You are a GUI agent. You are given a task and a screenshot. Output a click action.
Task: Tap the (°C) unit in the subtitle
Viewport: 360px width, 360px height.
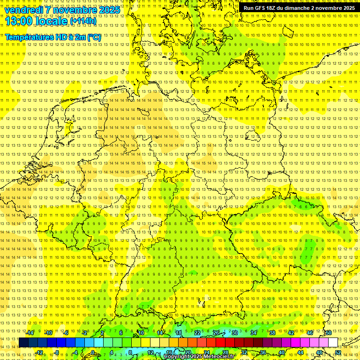click(93, 37)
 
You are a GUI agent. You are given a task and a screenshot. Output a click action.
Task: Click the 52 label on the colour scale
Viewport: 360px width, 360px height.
click(337, 352)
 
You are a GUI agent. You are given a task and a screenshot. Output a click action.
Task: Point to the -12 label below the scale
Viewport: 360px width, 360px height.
click(39, 352)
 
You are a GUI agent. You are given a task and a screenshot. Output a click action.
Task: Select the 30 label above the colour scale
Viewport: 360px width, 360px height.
click(235, 333)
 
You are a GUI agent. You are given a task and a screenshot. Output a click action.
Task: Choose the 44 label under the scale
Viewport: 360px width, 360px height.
click(300, 352)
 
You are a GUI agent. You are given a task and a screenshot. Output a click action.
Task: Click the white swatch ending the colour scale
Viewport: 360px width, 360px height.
click(333, 343)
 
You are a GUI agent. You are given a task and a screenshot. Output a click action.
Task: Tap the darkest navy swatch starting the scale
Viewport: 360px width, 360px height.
click(23, 343)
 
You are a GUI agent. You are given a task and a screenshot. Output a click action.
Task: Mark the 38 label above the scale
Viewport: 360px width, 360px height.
click(272, 333)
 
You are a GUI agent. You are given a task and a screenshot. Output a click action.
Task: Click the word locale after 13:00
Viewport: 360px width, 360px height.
click(51, 21)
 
